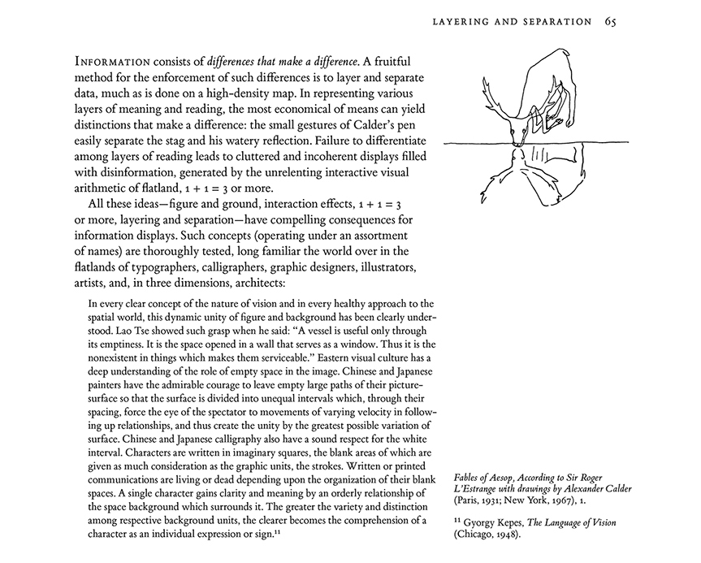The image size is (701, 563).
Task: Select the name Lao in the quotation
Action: (x=116, y=331)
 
